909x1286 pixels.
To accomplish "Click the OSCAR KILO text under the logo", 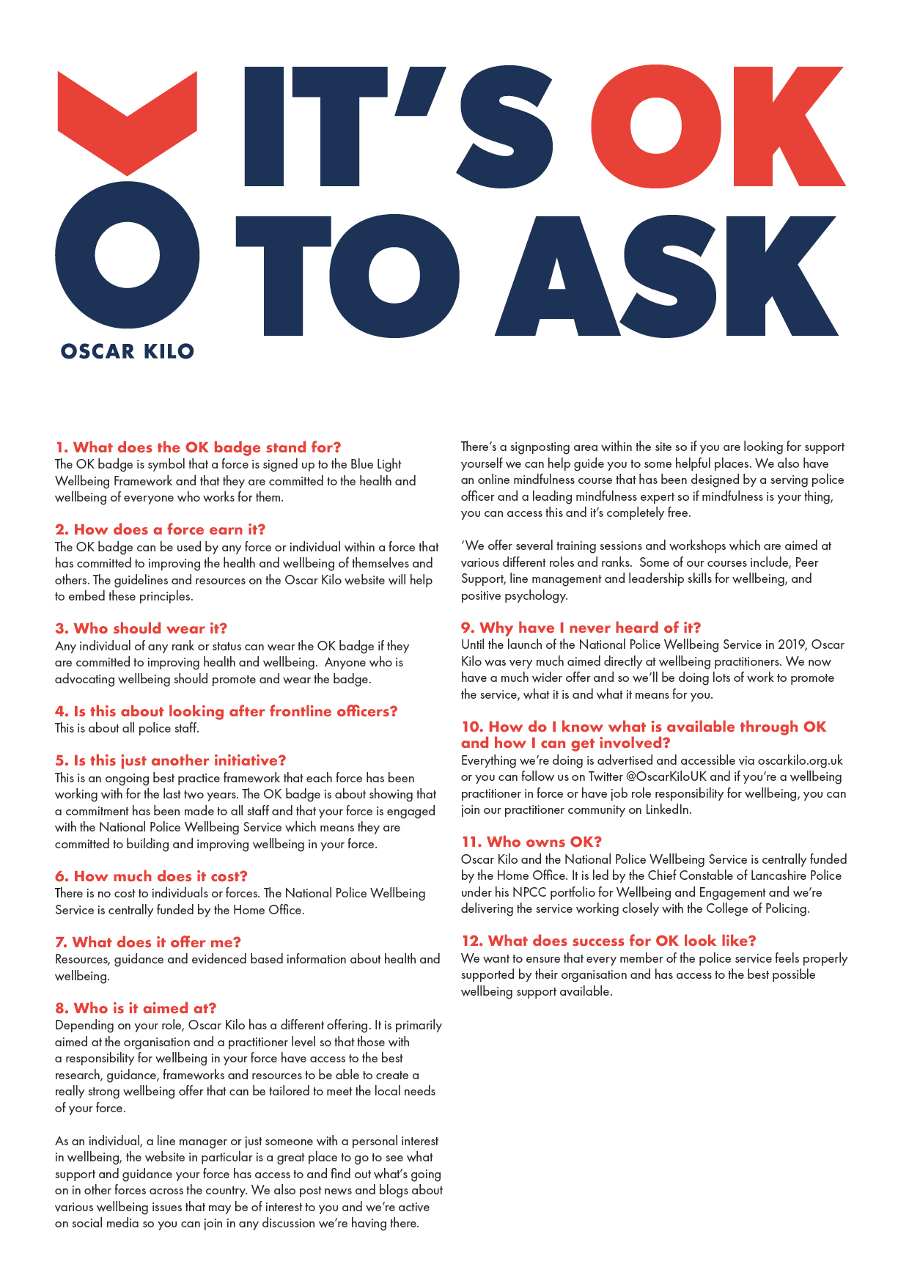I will tap(127, 351).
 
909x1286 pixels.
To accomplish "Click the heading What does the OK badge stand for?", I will tap(198, 447).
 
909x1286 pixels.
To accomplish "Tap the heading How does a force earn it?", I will tap(160, 529).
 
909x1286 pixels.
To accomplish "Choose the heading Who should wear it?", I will tap(141, 628).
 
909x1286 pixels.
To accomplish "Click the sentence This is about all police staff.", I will tap(127, 728).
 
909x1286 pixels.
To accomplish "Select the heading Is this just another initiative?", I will tap(170, 760).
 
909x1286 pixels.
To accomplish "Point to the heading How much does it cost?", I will tap(151, 876).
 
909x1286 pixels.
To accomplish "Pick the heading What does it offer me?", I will tap(147, 942).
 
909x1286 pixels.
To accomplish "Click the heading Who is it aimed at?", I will tap(136, 1008).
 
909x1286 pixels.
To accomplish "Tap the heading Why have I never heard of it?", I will tap(581, 628).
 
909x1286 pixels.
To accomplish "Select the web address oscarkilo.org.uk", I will tap(800, 760).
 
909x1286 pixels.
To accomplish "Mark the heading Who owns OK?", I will tap(531, 842).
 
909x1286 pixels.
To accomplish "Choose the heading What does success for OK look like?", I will tap(608, 941).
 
